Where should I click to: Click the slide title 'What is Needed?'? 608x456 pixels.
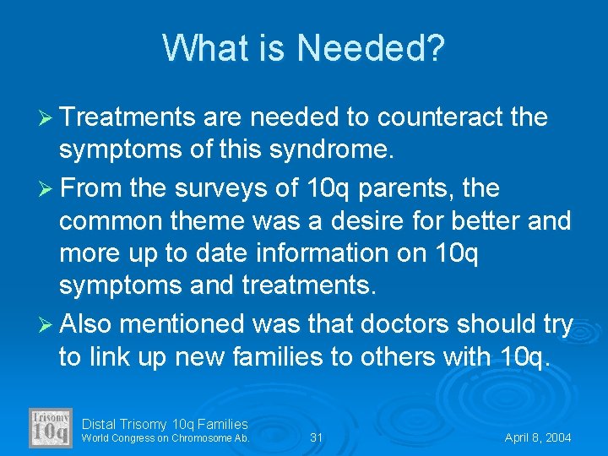pyautogui.click(x=303, y=48)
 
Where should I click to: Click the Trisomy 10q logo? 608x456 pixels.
pyautogui.click(x=51, y=427)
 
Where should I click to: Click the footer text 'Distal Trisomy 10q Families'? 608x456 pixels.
pyautogui.click(x=165, y=424)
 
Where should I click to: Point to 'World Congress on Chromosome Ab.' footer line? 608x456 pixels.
pyautogui.click(x=166, y=438)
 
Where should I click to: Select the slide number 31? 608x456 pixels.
pyautogui.click(x=317, y=437)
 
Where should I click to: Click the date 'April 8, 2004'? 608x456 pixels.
pyautogui.click(x=538, y=437)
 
